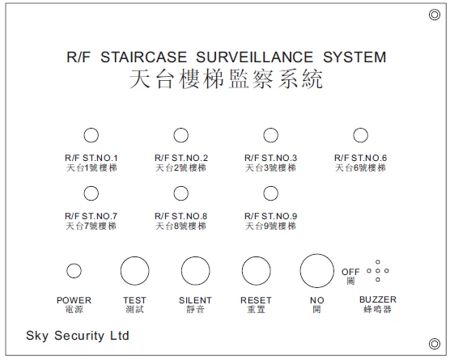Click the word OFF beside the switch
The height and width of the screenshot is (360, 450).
tap(350, 272)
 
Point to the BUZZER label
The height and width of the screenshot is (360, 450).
tap(378, 299)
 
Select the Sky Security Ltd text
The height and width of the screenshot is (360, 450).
tap(78, 336)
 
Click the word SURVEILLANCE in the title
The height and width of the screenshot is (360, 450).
tap(254, 57)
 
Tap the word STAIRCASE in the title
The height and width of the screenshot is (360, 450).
tap(143, 57)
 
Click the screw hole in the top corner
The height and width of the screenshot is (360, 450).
tap(435, 15)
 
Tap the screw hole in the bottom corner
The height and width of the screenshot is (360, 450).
tap(435, 344)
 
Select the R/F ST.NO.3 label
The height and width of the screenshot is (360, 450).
tap(270, 158)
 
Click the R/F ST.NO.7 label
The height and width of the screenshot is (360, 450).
tap(91, 216)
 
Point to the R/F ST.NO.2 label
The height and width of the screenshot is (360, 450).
tap(180, 158)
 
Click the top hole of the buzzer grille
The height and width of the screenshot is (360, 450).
tap(378, 262)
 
